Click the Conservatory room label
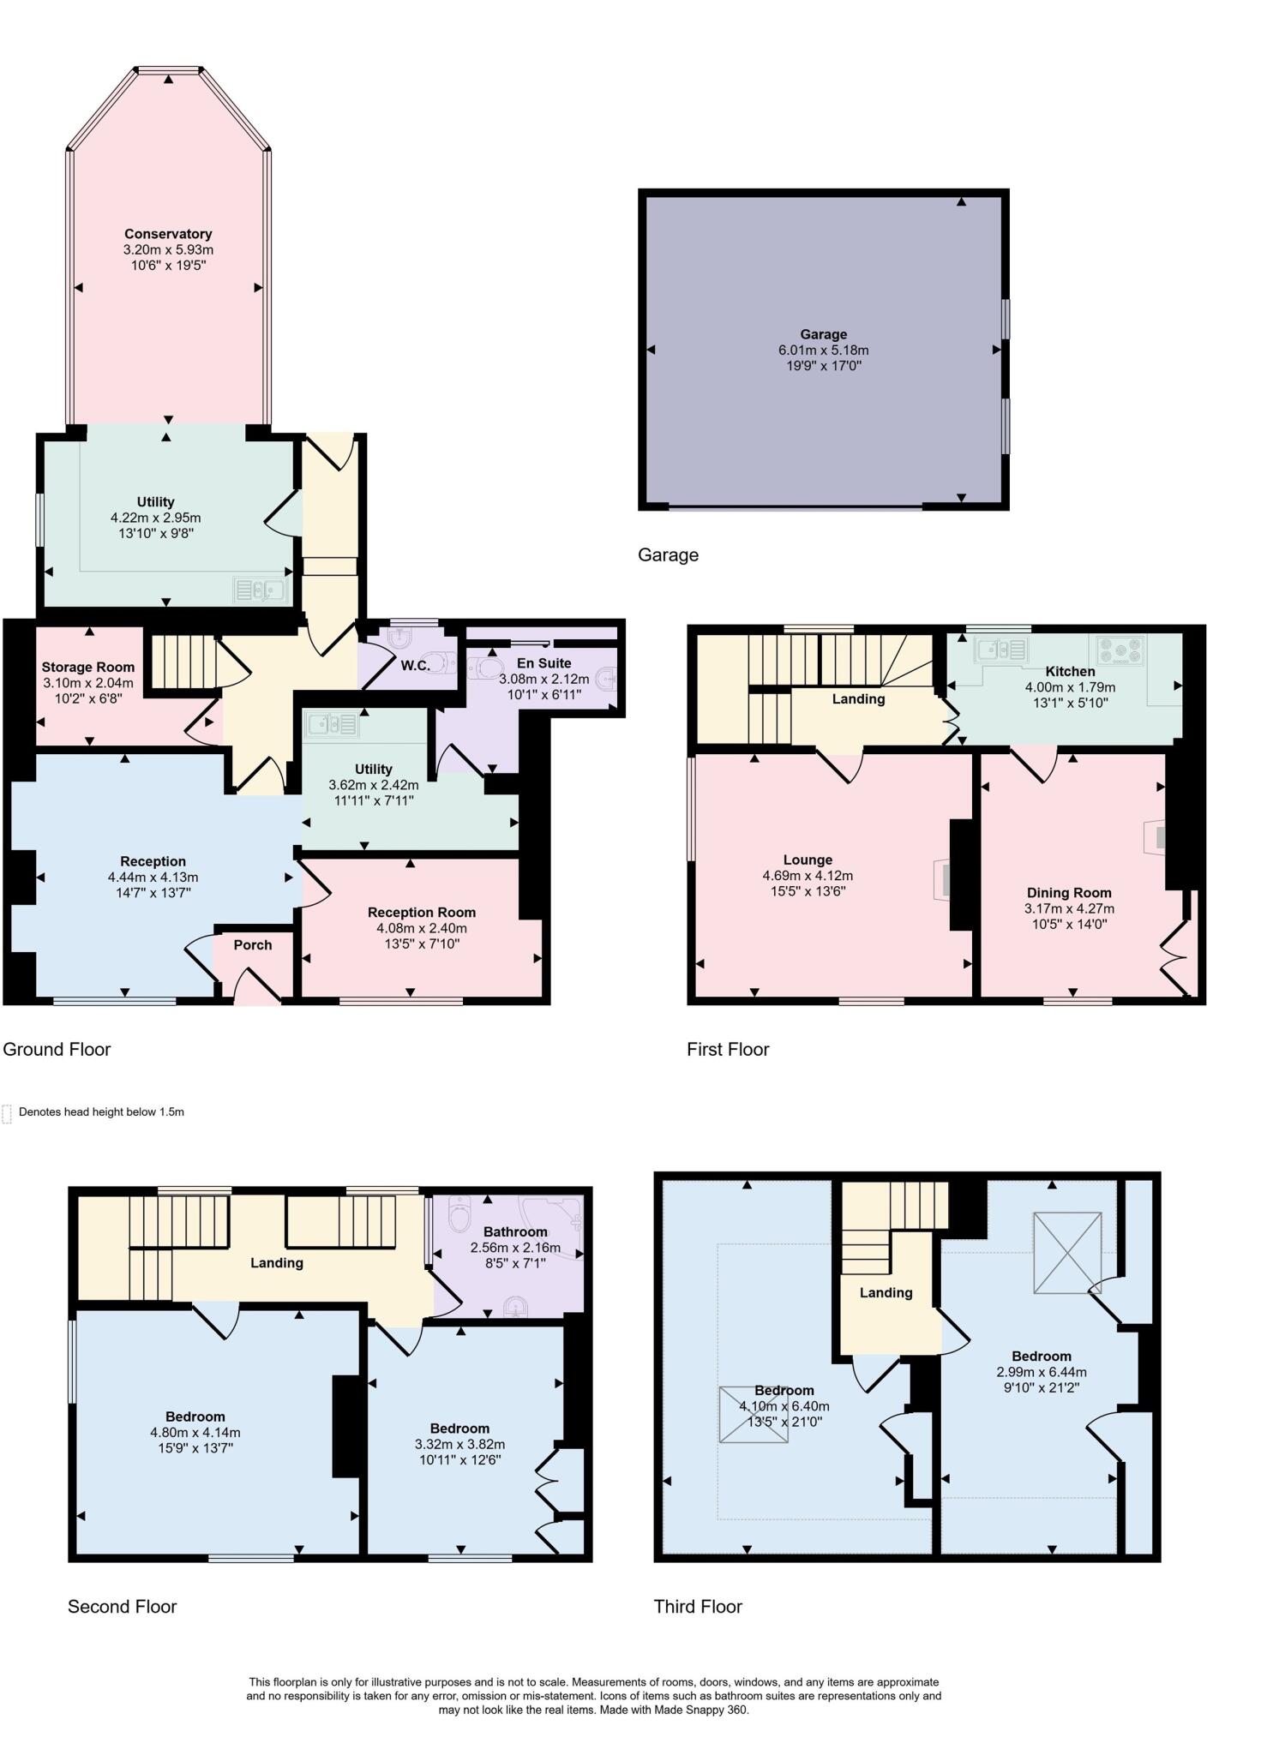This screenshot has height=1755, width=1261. [x=168, y=233]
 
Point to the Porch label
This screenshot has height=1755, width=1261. [x=253, y=944]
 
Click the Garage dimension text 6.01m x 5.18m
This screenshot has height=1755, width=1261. [x=823, y=350]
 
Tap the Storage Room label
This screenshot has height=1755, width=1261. [x=88, y=667]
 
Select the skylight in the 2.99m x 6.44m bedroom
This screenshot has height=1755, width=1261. [x=1066, y=1252]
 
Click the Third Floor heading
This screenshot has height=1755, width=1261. [x=698, y=1607]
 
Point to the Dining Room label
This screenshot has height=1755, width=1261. [x=1069, y=892]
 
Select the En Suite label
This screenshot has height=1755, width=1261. [x=543, y=662]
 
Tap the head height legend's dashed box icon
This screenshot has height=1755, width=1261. [x=7, y=1113]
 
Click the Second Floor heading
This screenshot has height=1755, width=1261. [x=122, y=1607]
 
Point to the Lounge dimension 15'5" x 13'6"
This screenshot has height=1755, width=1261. [x=808, y=891]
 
